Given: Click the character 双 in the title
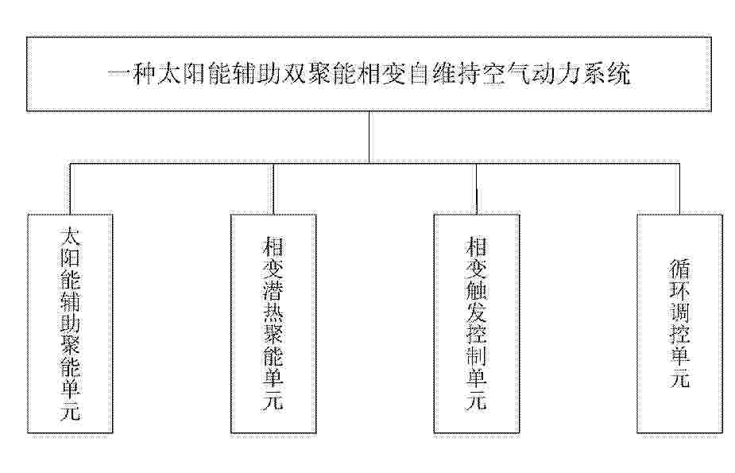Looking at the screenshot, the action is pos(293,74).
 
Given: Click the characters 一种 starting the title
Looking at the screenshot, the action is pos(132,74).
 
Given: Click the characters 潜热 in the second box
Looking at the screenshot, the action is pos(273,300).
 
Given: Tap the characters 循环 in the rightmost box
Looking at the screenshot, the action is pos(679,279).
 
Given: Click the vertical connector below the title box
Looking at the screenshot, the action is pos(369,138).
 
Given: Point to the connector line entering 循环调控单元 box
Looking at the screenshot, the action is pos(679,189).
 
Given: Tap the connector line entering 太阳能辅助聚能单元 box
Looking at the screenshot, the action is pos(70,189).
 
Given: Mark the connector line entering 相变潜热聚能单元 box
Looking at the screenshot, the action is pos(273,189).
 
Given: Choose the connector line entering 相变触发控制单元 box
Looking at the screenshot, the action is pos(477,189).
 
